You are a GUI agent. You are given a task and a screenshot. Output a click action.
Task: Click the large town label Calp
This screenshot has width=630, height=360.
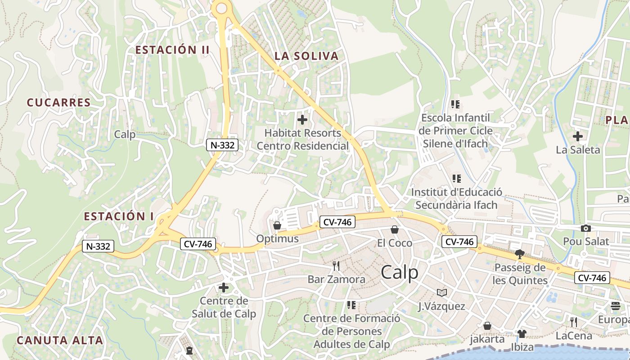point(399,272)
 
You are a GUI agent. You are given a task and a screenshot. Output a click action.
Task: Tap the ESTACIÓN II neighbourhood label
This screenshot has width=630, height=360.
point(172,50)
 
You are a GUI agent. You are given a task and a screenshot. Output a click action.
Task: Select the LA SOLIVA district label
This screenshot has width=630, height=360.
point(306,56)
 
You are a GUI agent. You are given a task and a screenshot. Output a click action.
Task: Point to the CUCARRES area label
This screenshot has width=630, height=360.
point(59,103)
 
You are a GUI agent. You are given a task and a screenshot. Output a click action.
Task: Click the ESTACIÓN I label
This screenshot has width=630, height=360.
point(119,216)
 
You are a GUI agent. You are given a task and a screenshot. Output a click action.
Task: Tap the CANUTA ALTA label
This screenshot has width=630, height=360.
point(60,340)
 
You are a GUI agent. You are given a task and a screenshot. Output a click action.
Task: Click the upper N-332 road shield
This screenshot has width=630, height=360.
point(222,145)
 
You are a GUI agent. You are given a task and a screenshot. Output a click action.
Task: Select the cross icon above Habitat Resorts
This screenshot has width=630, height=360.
point(302,120)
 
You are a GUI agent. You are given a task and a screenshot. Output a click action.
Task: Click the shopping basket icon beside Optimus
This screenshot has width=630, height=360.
point(277,225)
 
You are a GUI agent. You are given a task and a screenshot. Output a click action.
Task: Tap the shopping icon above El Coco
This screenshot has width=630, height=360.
point(395,229)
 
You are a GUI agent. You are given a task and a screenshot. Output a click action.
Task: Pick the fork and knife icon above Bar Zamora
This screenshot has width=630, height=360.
point(336,265)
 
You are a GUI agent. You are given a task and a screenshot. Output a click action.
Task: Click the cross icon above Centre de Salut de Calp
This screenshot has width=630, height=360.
point(223,287)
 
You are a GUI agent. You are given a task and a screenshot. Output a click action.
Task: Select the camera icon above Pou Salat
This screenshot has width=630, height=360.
point(585,228)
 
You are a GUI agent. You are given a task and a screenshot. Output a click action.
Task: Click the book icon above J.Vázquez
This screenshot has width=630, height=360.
point(442,293)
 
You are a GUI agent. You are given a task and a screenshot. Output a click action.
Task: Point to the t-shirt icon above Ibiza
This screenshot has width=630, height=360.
point(522,333)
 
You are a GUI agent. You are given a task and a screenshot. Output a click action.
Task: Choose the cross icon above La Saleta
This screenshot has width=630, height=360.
point(578,136)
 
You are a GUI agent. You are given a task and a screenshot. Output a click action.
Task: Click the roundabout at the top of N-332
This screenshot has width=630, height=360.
point(221,8)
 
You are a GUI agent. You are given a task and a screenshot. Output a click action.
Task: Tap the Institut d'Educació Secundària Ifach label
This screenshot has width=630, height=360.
point(456,198)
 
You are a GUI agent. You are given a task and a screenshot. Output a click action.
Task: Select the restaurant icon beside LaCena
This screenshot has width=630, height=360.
point(573,322)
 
